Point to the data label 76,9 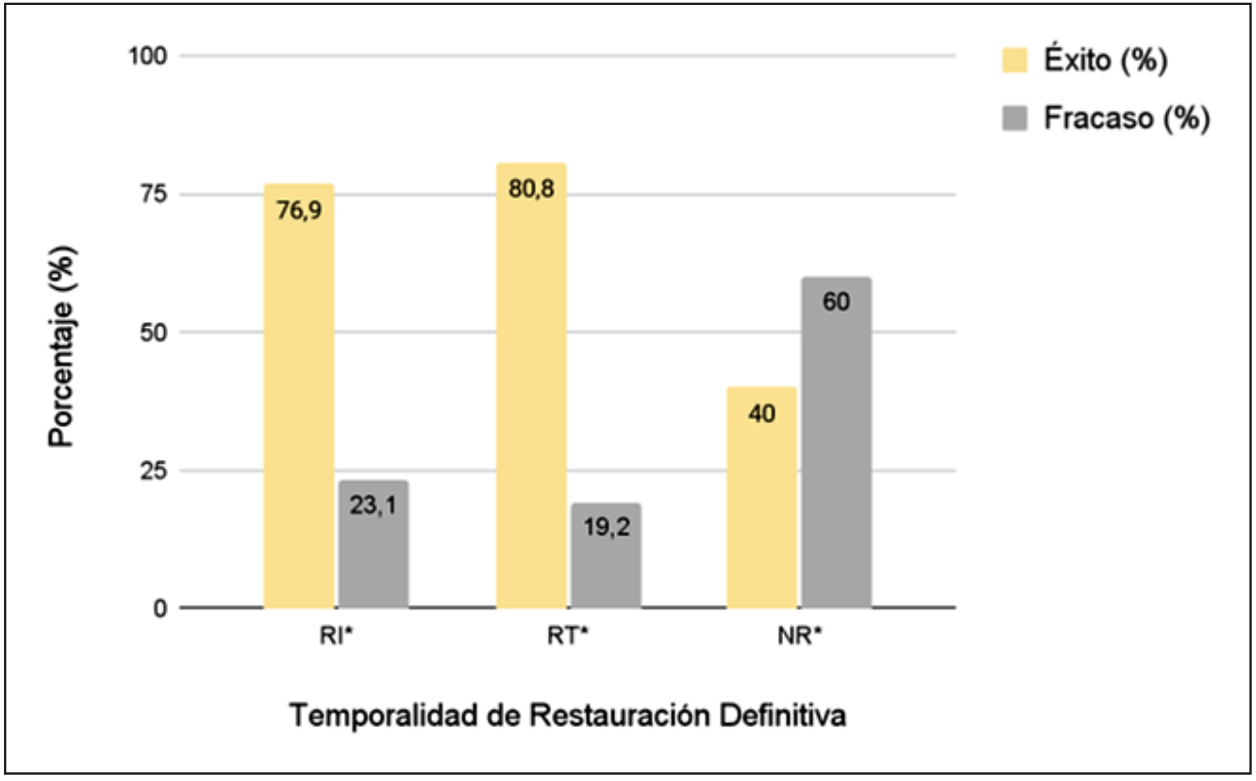299,210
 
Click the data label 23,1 373,506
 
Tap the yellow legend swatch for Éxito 1015,60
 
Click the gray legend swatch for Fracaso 1015,118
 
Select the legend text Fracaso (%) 1126,118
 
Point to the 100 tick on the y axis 148,56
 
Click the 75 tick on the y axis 154,194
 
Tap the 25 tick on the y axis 154,471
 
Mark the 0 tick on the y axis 160,609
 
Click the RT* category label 568,636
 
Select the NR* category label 799,636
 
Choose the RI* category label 336,636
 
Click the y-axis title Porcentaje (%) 62,346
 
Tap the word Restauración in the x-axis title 620,715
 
